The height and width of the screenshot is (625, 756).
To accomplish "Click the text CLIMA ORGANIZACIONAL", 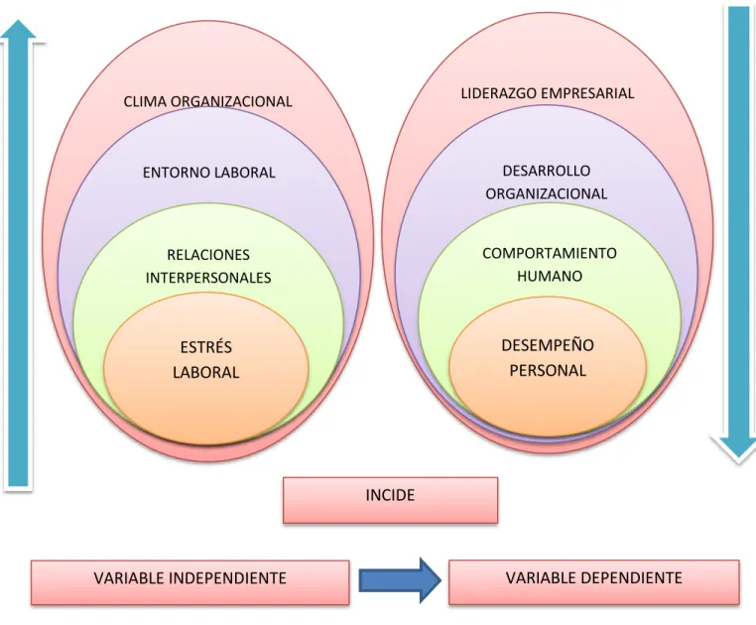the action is tap(207, 102).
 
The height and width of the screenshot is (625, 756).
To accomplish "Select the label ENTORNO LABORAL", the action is tap(208, 173).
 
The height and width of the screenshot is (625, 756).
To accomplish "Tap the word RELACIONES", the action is tap(208, 255).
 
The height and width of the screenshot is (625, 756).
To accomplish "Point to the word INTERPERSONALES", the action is tap(208, 278).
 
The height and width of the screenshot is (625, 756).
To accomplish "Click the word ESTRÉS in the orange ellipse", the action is tap(206, 347).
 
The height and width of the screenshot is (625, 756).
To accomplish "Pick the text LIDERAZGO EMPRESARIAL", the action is tap(548, 93).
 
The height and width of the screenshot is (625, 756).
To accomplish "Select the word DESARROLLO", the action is tap(547, 171).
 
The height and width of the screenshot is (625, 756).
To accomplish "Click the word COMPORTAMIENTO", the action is tap(550, 253).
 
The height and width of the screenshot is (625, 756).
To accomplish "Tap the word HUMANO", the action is tap(550, 276).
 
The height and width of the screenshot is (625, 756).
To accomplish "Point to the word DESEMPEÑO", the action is tap(548, 345).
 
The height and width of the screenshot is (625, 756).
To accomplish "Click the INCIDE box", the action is tap(390, 500).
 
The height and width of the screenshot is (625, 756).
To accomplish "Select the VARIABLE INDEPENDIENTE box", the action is tap(189, 582).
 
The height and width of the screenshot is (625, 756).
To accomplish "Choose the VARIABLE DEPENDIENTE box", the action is tap(594, 581).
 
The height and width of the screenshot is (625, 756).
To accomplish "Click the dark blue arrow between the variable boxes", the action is tap(400, 580).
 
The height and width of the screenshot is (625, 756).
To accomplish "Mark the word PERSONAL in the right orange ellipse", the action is tap(548, 370).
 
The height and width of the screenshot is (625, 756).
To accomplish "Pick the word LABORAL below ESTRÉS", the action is tap(206, 372).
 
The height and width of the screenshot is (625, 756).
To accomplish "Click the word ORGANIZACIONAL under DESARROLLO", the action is tap(547, 193).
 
